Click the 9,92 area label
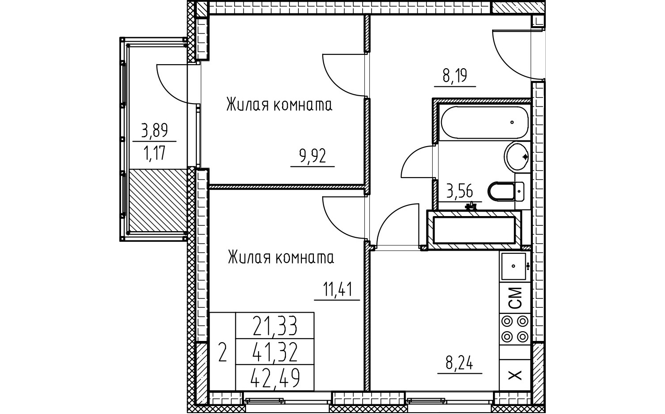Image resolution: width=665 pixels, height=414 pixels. pos(313,156)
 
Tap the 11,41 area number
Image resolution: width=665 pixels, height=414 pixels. pos(337,290)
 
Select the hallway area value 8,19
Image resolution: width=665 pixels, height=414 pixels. pos(455,76)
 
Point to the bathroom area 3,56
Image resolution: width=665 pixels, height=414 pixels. pos(459,191)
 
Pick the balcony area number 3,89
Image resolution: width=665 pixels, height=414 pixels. pos(154,130)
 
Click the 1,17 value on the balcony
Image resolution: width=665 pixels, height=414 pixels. pos(154,153)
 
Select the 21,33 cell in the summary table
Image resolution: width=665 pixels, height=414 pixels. pos(274,326)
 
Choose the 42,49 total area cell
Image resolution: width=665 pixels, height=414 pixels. pos(274,378)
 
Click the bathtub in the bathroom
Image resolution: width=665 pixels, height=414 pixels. pos(485,122)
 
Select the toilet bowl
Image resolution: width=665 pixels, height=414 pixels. pos(506,192)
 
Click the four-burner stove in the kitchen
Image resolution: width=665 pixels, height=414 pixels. pos(515,329)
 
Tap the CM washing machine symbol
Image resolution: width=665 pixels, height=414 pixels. pos(515,298)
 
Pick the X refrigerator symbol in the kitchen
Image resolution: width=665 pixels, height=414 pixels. pos(515,375)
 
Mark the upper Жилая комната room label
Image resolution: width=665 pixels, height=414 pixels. pos(279,105)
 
